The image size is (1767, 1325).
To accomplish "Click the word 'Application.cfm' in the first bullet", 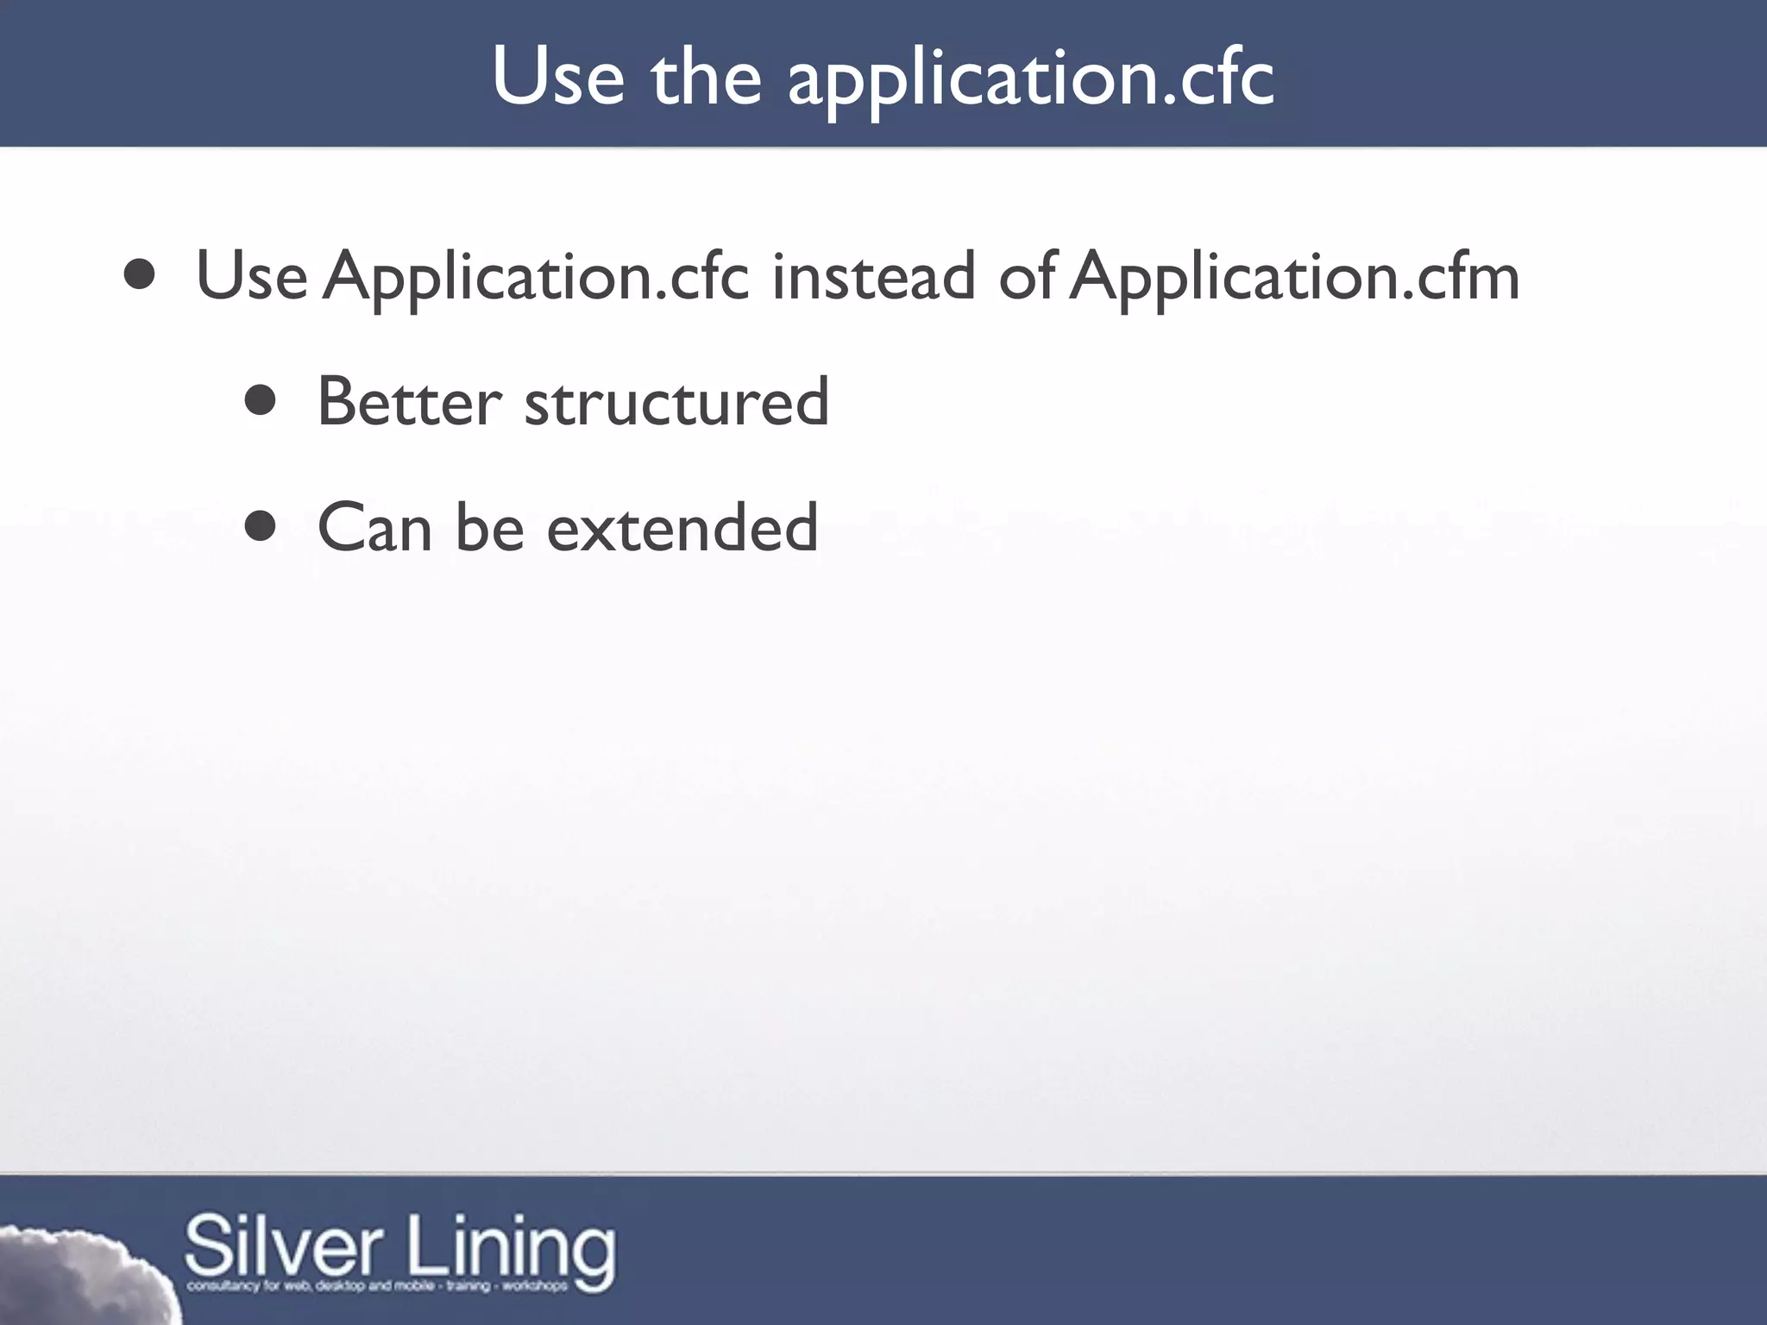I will click(x=1294, y=278).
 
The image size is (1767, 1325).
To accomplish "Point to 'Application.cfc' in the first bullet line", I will click(x=536, y=278).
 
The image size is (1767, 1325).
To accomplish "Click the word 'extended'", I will click(x=682, y=528).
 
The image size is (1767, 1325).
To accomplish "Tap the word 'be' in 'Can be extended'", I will click(x=489, y=528).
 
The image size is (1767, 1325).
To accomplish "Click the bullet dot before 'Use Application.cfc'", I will click(x=140, y=275).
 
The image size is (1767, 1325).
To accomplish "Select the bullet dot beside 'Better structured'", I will click(x=261, y=400).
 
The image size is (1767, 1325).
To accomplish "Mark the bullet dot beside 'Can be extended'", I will click(x=261, y=525).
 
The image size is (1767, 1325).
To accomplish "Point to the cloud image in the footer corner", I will click(x=78, y=1277).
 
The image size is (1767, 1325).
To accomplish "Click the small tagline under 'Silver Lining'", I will click(x=377, y=1286).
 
